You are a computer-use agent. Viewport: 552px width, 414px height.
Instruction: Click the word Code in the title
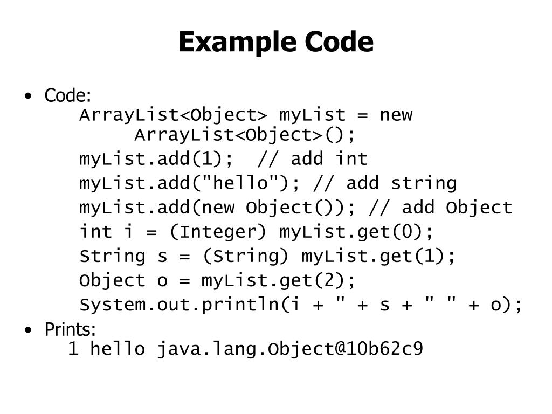(339, 42)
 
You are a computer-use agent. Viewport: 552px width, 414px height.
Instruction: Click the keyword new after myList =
(396, 115)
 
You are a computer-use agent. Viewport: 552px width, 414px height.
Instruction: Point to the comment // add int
(313, 159)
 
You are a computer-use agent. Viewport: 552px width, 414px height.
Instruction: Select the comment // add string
(385, 183)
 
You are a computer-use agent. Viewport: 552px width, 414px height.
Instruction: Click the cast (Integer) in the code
(218, 232)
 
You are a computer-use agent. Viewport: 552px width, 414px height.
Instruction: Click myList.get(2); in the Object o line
(279, 280)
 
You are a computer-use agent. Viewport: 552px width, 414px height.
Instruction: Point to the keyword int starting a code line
(96, 232)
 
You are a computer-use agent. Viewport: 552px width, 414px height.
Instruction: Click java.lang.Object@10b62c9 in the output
(290, 349)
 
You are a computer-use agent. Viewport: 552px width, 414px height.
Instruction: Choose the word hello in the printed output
(118, 349)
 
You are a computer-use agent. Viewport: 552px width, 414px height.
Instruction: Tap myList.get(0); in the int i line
(356, 232)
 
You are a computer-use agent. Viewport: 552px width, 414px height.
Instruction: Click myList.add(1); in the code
(157, 159)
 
